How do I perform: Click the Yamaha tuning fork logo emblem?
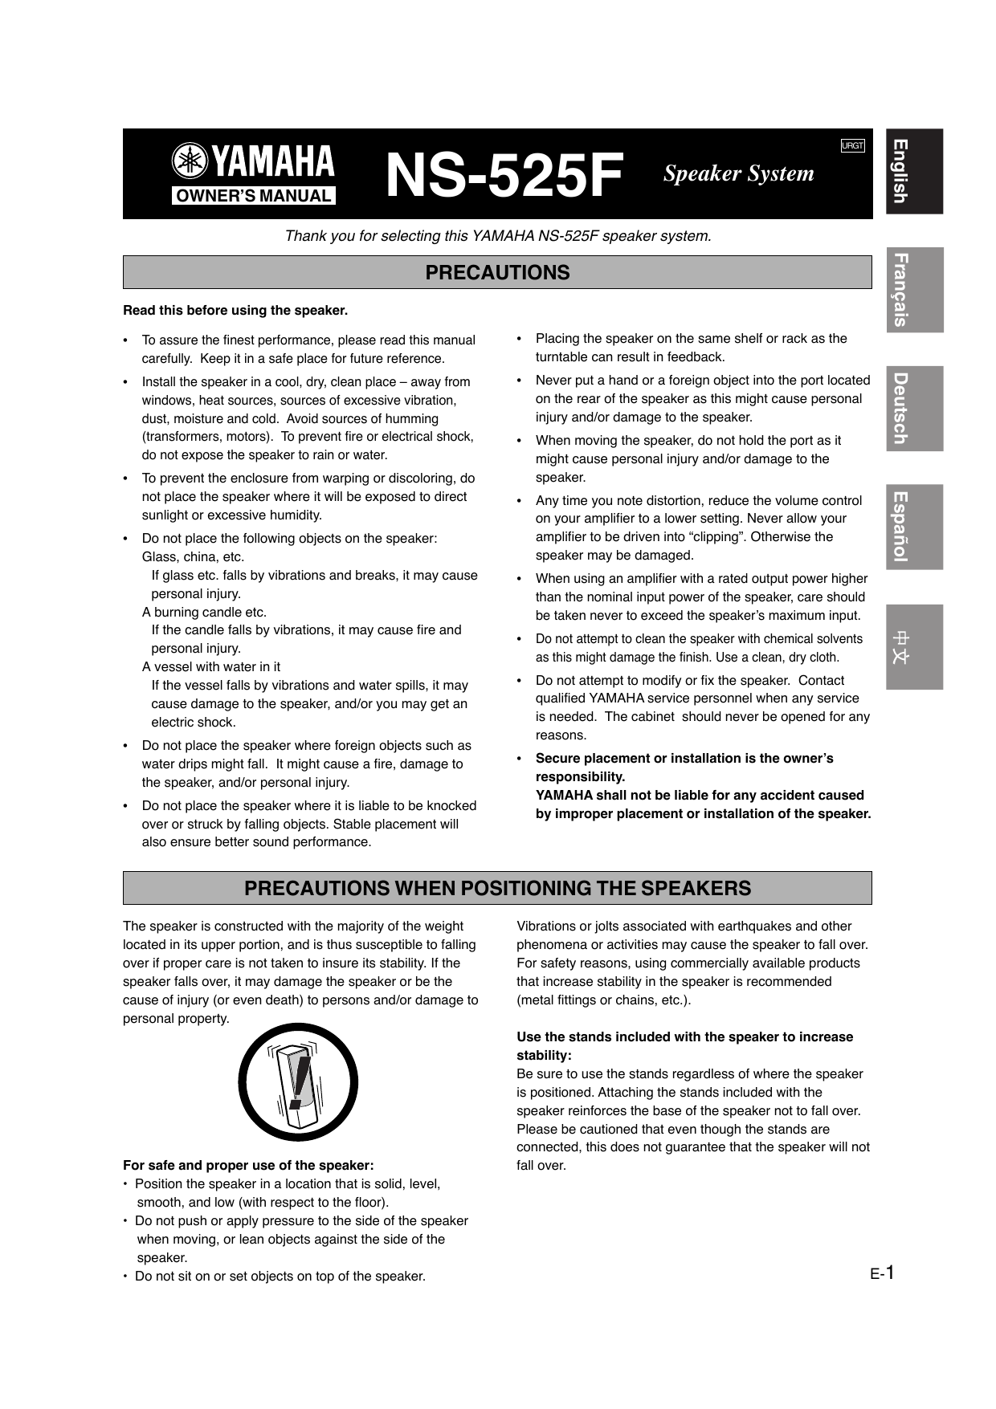190,161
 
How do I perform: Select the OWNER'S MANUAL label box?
253,196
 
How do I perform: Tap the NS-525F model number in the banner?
504,175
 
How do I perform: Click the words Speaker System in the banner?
738,173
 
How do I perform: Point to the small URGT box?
852,145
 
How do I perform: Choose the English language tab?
914,171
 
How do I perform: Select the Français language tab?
914,290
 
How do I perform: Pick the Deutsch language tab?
914,408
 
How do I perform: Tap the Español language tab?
914,527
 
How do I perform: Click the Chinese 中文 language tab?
914,646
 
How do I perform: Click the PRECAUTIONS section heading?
497,273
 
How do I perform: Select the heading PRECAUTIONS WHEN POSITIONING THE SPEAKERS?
497,889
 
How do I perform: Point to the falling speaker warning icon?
298,1082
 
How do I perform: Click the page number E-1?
883,1273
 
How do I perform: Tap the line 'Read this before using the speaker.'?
235,311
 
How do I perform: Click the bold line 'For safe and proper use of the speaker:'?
248,1165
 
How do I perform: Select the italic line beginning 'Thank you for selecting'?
498,236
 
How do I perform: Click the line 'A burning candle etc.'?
204,612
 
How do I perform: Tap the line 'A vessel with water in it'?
211,666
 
